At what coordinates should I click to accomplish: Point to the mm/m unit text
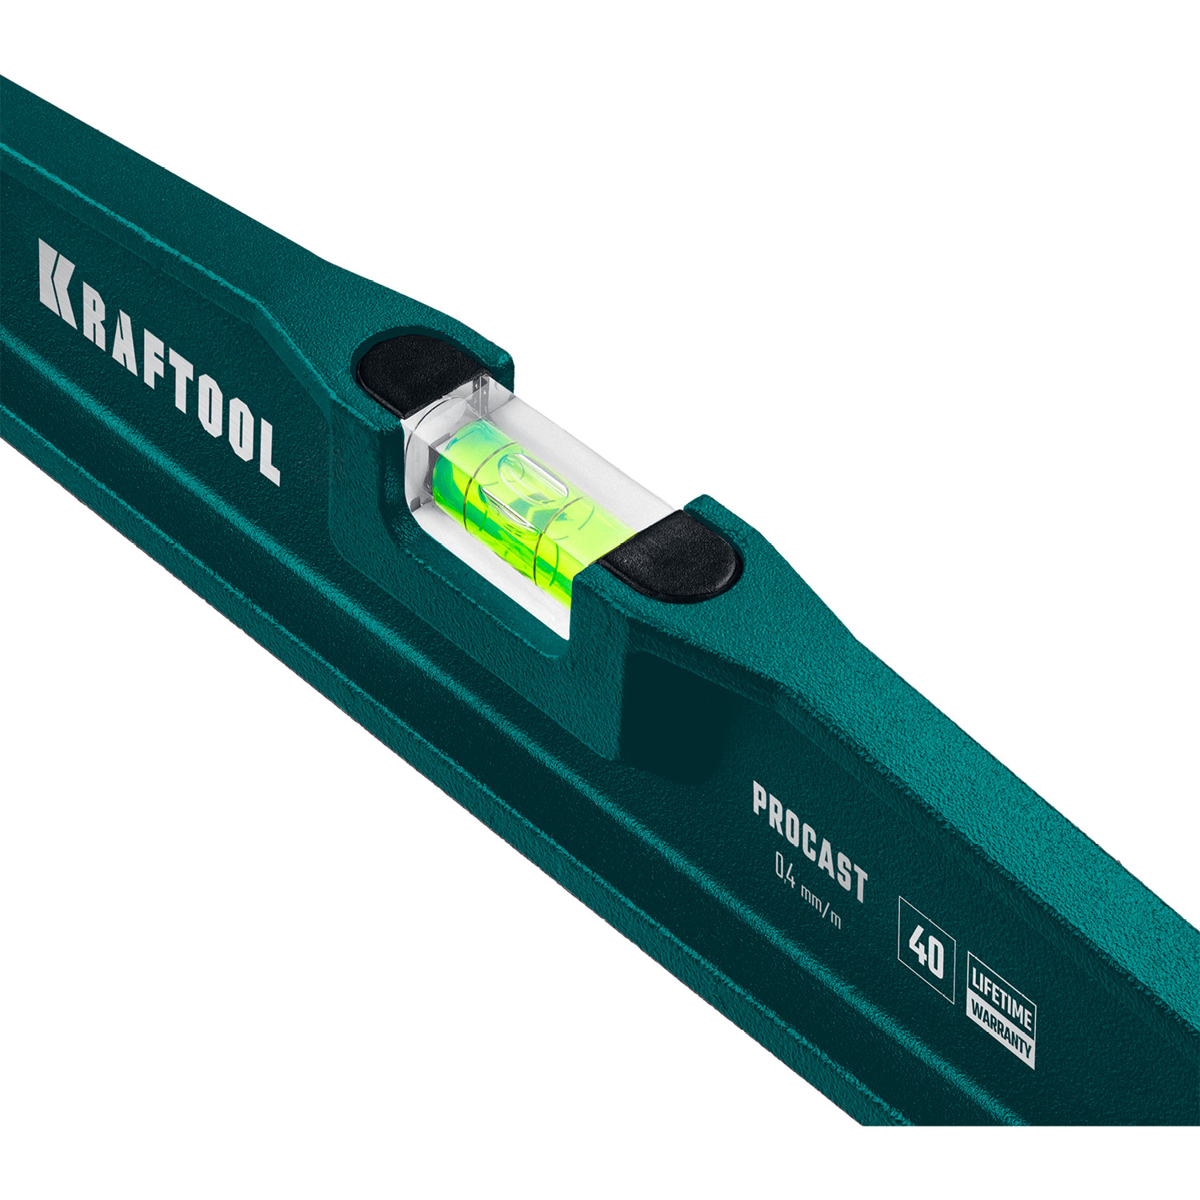[823, 908]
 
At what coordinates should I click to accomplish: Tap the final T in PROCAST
[858, 879]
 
